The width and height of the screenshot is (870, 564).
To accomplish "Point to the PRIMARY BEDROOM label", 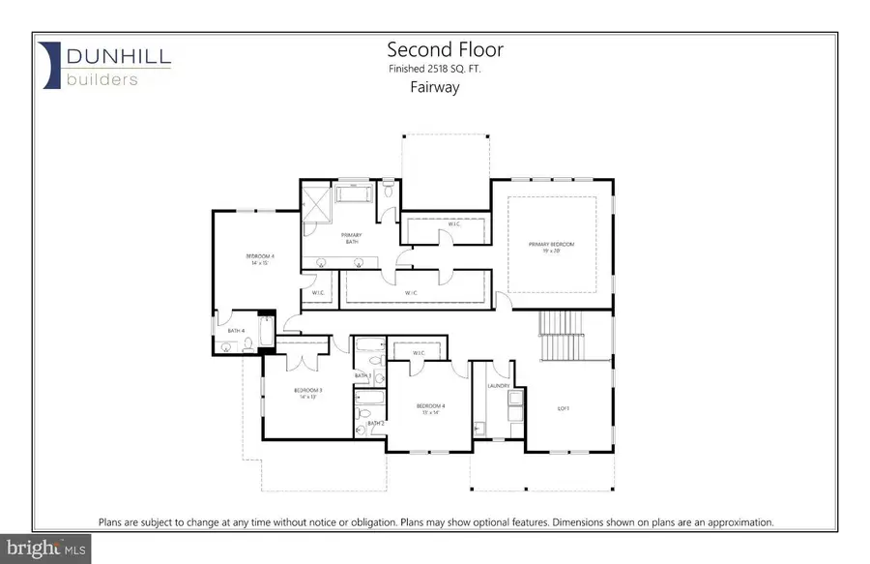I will pos(551,244).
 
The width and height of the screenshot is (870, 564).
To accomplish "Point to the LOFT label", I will pos(564,407).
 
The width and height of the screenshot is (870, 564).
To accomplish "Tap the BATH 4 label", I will pos(234,331).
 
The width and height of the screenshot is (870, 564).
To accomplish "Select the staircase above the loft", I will pos(561,334).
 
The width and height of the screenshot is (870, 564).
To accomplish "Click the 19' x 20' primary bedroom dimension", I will pos(551,251).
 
